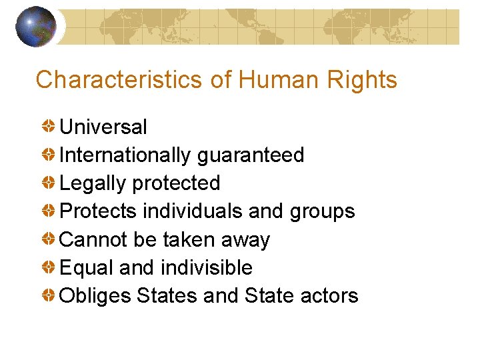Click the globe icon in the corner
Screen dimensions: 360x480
(x=35, y=26)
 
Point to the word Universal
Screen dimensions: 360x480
(x=103, y=127)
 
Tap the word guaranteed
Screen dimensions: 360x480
(x=251, y=155)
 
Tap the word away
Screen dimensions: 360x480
(x=246, y=240)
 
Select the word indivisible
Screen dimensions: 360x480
(x=207, y=267)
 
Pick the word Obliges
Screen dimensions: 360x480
(x=95, y=296)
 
